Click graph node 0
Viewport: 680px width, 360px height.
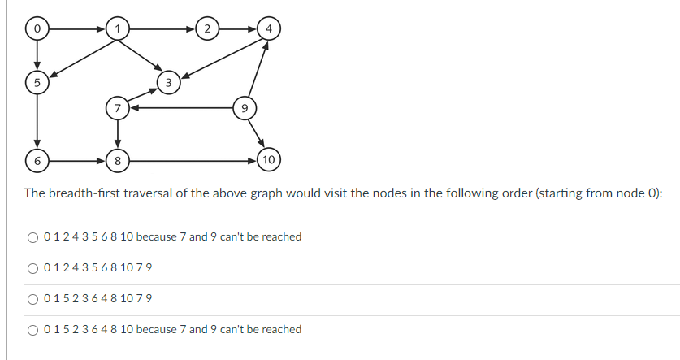tap(36, 29)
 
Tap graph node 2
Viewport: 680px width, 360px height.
tap(207, 29)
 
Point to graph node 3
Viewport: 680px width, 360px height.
tap(268, 29)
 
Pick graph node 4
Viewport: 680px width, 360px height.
tap(36, 81)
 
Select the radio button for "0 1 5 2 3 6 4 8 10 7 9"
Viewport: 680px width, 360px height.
tap(32, 299)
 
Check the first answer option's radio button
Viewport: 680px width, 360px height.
tap(32, 237)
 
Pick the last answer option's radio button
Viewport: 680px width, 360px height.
tap(32, 330)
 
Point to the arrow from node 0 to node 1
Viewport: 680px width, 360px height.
tap(76, 29)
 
